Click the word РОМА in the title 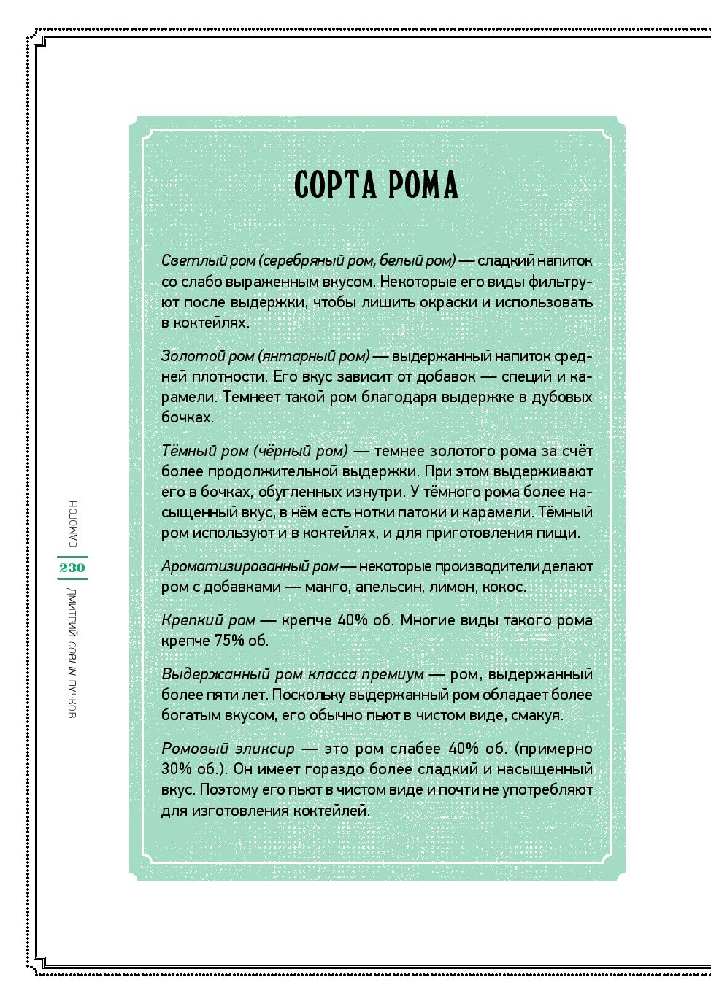click(423, 185)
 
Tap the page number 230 click(72, 568)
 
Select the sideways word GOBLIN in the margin click(72, 656)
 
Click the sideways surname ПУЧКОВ click(72, 698)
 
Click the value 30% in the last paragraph click(176, 769)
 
